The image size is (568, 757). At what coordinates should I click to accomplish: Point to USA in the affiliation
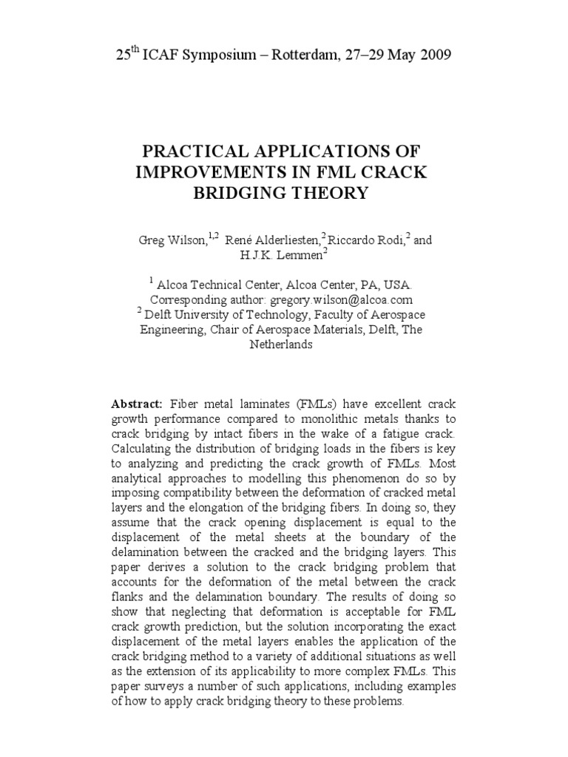tap(405, 285)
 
